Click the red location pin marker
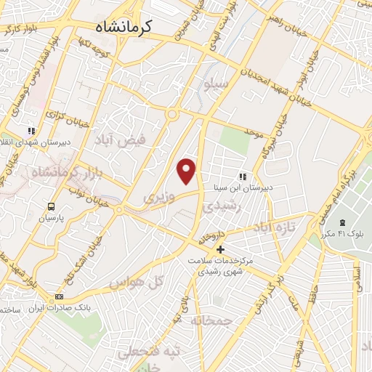click(x=187, y=171)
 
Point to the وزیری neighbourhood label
click(x=159, y=197)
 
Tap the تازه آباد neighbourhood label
click(x=275, y=228)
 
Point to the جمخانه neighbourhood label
click(x=211, y=320)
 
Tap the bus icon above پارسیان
click(x=52, y=206)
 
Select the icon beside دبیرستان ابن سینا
click(x=243, y=176)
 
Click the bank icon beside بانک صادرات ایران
click(x=60, y=296)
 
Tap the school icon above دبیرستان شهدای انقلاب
click(x=31, y=130)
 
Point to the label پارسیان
click(x=52, y=217)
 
